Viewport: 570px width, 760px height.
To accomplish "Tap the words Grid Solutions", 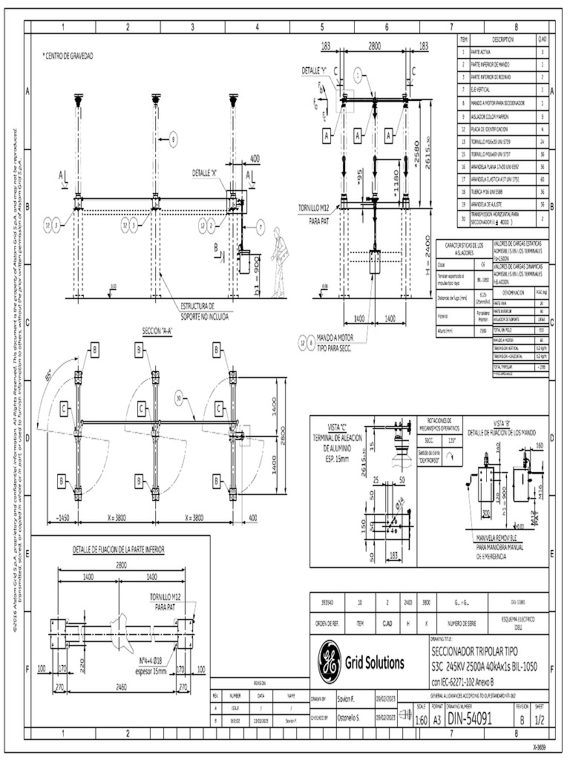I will [374, 662].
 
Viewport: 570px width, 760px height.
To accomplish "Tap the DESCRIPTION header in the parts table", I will [502, 38].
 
